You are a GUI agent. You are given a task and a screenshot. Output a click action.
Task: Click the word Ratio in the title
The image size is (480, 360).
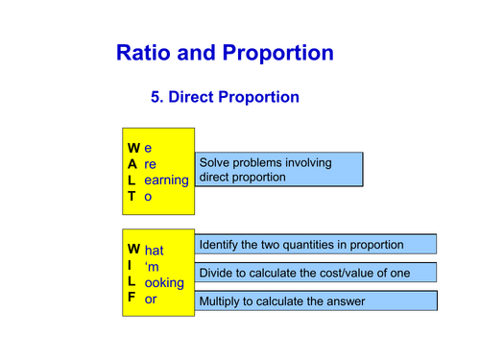click(x=143, y=53)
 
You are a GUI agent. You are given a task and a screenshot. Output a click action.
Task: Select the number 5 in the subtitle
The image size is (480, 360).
click(x=156, y=98)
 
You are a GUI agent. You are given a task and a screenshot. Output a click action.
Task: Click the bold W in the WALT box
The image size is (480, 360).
click(x=133, y=148)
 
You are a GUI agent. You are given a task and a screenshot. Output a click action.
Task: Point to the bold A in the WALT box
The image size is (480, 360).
click(x=132, y=164)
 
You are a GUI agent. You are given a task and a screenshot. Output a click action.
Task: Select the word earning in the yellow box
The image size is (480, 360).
click(x=166, y=180)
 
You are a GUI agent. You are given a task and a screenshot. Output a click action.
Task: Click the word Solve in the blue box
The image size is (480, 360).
click(x=216, y=162)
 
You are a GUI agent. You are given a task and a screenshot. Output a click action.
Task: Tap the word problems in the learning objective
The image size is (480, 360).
click(x=264, y=162)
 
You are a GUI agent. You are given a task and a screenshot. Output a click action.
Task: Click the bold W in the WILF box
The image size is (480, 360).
click(x=133, y=250)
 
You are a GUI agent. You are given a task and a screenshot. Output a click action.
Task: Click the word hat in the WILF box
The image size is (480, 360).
click(x=155, y=251)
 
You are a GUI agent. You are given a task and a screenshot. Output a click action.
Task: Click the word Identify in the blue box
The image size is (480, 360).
click(x=223, y=245)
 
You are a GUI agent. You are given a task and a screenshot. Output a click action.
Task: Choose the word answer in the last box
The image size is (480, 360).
click(x=344, y=301)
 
